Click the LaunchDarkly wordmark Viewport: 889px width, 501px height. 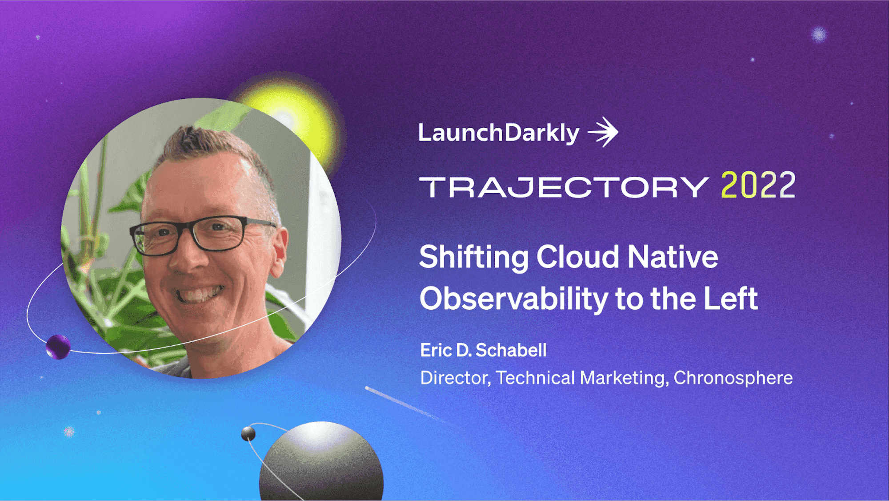coord(499,133)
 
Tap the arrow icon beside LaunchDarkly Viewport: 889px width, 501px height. coord(603,132)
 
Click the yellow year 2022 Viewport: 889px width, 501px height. coord(758,185)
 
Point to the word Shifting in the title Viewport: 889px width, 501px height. coord(474,258)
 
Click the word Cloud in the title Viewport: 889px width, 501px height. coord(578,257)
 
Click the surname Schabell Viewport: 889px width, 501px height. coord(511,350)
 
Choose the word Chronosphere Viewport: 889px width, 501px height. coord(733,378)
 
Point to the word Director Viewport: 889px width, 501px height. coord(455,378)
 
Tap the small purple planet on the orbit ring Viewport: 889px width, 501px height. coord(58,347)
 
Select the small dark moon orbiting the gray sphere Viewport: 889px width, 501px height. coord(248,433)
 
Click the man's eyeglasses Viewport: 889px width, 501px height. coord(203,234)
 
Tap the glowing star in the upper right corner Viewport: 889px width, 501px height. coord(819,34)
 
